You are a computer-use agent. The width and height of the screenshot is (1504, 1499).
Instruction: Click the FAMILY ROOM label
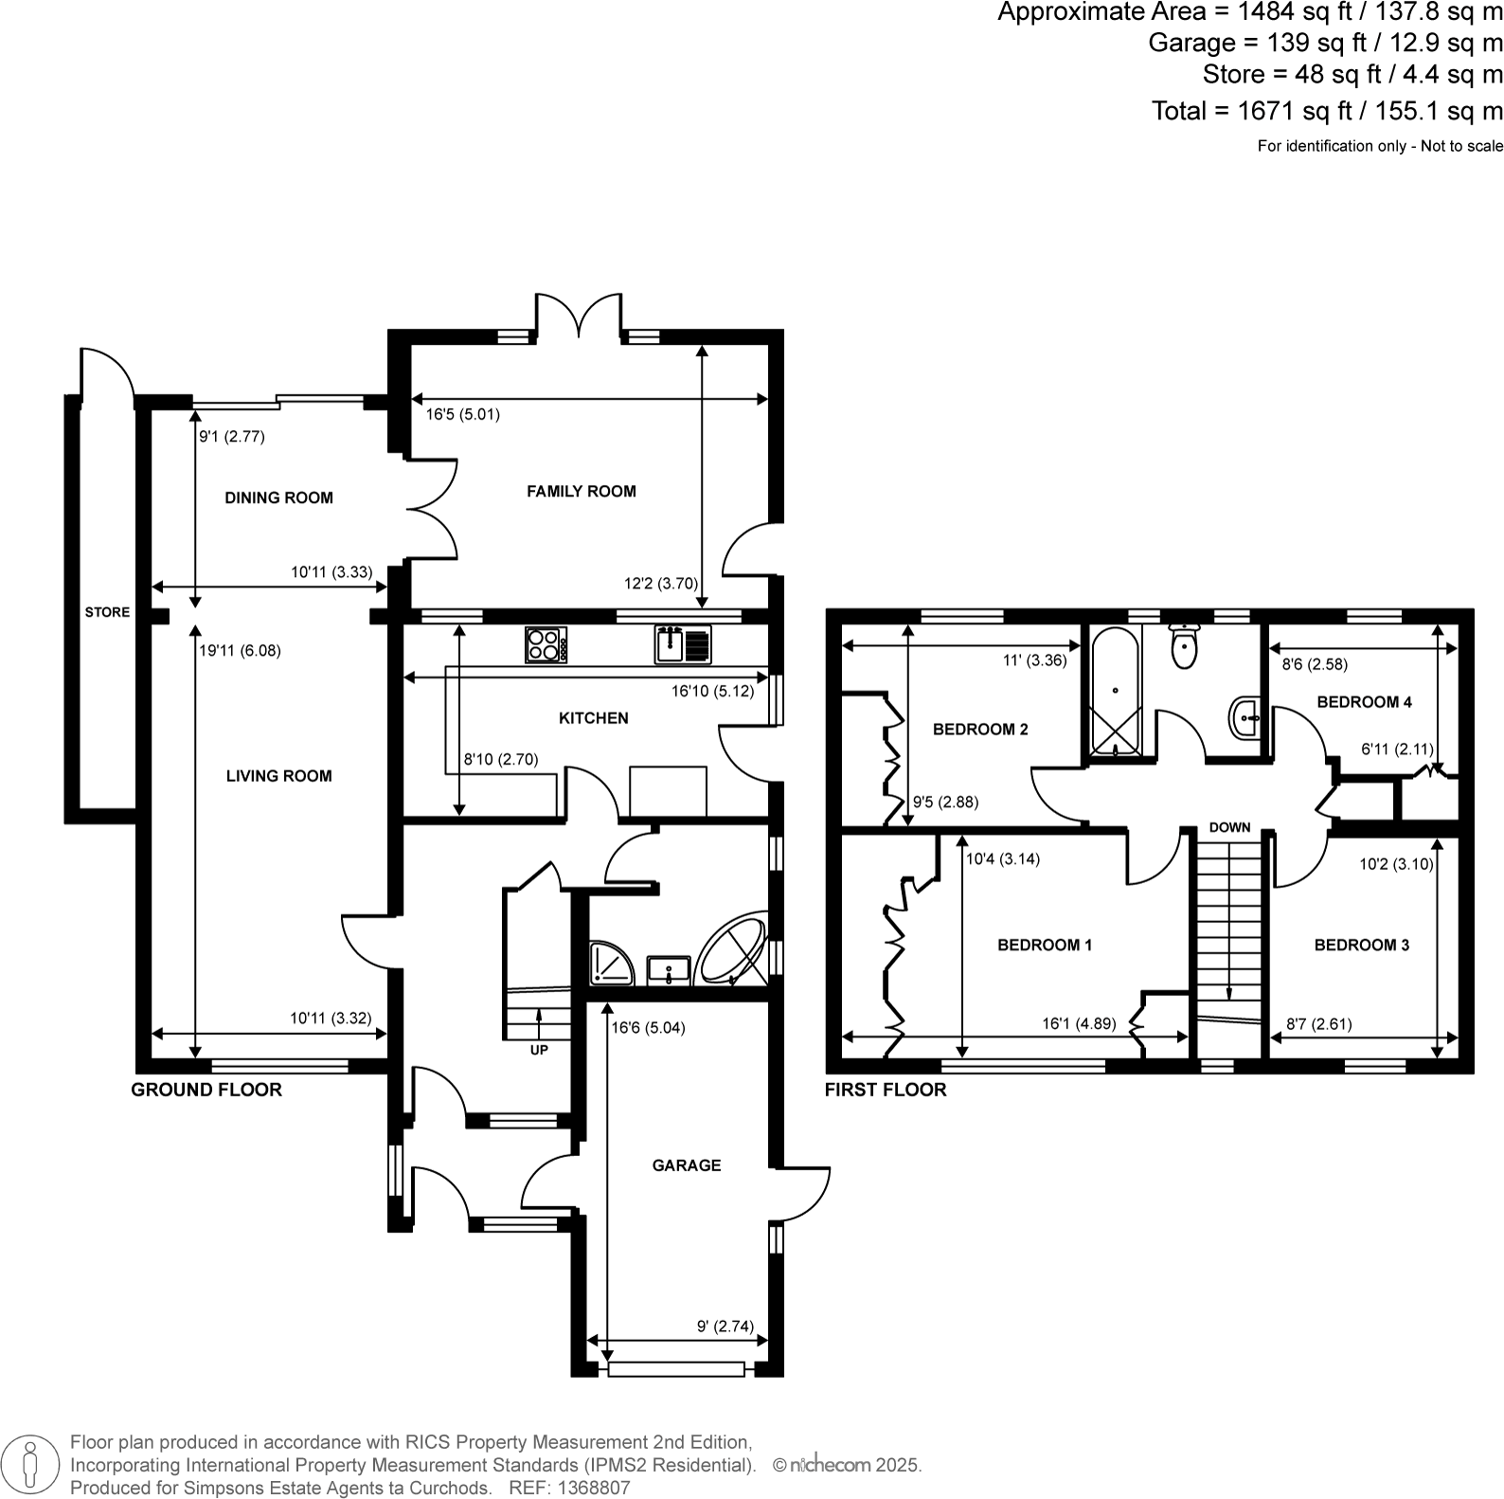[581, 491]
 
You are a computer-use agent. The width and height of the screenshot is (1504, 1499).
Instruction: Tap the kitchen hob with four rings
[546, 645]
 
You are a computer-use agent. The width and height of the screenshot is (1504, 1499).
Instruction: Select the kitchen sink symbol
[682, 644]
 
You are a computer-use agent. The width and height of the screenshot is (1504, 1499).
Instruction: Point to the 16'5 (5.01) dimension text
[462, 414]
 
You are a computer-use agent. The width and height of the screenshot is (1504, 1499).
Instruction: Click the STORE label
[107, 612]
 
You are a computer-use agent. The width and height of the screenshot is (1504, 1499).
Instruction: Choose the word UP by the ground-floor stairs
[538, 1050]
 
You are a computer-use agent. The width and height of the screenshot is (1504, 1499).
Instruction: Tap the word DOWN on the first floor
[1229, 827]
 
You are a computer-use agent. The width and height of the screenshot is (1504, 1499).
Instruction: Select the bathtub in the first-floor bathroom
[1114, 693]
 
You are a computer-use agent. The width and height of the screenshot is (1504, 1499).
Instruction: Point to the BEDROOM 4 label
[1364, 702]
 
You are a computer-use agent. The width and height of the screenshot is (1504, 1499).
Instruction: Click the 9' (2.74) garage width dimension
[725, 1327]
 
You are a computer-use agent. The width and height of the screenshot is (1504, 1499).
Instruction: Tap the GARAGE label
[686, 1165]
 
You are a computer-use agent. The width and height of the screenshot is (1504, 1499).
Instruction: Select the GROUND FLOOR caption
[206, 1090]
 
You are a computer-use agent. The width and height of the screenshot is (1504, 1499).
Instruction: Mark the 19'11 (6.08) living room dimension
[240, 651]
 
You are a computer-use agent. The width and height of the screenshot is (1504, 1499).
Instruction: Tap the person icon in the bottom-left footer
[29, 1464]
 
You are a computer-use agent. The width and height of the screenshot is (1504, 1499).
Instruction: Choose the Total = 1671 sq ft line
[1326, 111]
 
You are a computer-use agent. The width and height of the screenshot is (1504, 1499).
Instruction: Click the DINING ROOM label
[278, 497]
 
